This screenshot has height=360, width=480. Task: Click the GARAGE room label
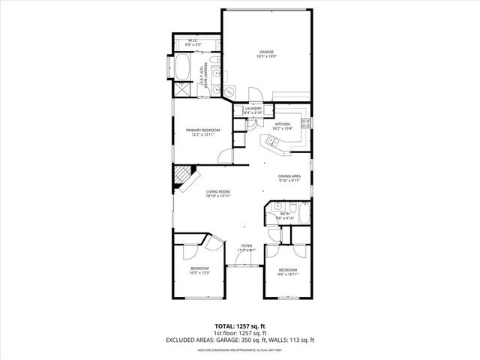point(267,52)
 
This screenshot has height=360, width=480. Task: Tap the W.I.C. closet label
point(193,40)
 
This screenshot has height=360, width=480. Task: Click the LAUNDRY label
point(253,109)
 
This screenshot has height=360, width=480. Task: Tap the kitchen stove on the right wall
point(305,123)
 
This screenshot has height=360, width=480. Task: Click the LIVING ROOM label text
point(217,192)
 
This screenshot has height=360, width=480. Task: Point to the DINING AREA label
point(289,175)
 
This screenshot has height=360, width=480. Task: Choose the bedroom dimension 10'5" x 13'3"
point(199,273)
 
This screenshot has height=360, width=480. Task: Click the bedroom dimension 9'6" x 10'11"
point(288,274)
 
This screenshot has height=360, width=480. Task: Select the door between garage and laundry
point(256,97)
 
